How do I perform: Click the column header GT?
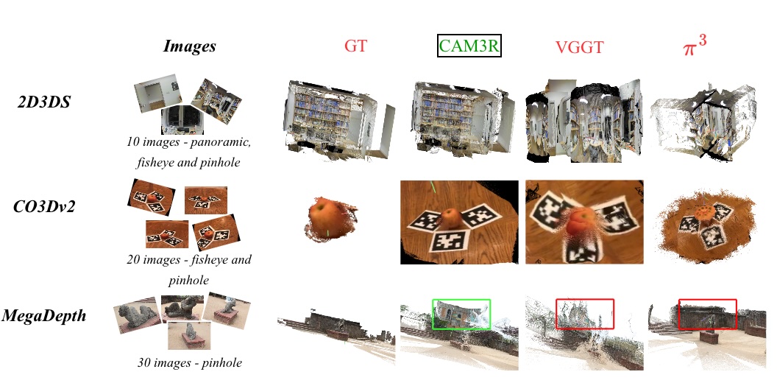356,46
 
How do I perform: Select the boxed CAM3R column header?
469,46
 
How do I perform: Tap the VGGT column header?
579,47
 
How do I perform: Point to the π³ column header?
694,47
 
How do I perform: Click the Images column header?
190,46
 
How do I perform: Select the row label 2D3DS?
43,102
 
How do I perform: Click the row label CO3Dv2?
44,206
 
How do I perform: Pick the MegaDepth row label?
43,315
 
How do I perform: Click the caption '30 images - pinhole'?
189,362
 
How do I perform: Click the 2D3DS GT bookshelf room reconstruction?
339,119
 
